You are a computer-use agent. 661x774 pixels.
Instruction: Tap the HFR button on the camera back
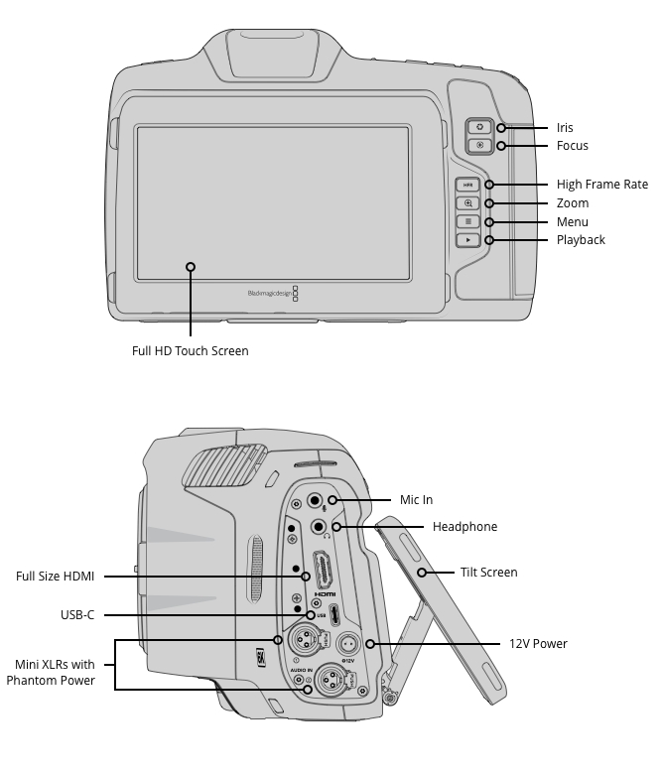pos(467,185)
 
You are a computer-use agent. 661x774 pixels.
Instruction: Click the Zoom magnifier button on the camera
pos(467,203)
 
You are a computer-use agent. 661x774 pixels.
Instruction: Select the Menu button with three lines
pos(467,221)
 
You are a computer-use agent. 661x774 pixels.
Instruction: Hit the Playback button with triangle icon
pos(467,240)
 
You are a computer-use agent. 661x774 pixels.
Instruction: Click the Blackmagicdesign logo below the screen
pos(273,293)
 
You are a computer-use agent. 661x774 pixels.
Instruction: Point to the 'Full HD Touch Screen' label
pos(190,351)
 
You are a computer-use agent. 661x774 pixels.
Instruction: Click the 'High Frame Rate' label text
pos(602,185)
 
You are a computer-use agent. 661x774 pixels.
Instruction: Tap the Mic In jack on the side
pos(315,501)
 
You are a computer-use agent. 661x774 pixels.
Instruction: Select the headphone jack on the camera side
pos(319,527)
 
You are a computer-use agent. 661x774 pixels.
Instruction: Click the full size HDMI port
pos(324,571)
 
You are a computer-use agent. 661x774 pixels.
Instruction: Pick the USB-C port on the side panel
pos(334,615)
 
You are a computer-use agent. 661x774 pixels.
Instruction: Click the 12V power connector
pos(348,644)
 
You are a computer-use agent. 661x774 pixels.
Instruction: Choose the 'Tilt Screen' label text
pos(488,573)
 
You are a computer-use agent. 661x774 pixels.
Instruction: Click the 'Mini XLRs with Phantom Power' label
pos(51,673)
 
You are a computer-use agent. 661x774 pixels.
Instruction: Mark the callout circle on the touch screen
pos(191,267)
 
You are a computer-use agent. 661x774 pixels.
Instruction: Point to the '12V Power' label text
pos(538,644)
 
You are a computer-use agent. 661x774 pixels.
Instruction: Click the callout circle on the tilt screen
pos(422,573)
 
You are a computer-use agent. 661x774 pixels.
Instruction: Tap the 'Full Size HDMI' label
pos(55,577)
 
